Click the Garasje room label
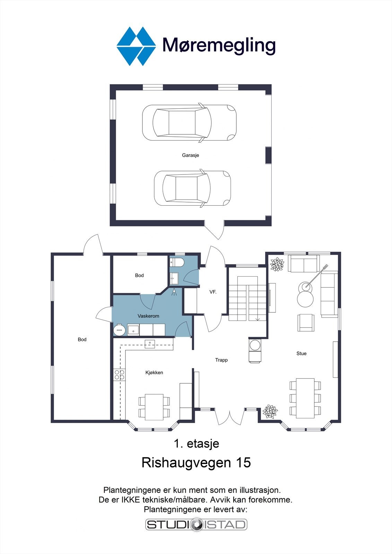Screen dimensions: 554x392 [x=190, y=155]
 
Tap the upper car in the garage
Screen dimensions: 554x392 [x=189, y=123]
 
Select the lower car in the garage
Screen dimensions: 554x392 [x=192, y=188]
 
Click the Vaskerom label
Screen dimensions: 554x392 [x=148, y=316]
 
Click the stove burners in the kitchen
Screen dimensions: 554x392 [x=119, y=375]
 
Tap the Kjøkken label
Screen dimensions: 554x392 [x=154, y=373]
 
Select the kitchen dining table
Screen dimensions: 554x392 [x=154, y=407]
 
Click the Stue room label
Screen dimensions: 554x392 [x=301, y=354]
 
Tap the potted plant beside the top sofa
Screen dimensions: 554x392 [x=277, y=265]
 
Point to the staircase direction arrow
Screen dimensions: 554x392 [x=258, y=319]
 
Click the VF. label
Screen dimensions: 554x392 [x=213, y=292]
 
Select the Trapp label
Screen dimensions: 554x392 [x=221, y=360]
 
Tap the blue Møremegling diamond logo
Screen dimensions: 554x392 [x=136, y=46]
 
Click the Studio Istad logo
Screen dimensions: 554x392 [x=196, y=525]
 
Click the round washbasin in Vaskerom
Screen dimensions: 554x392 [x=120, y=330]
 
